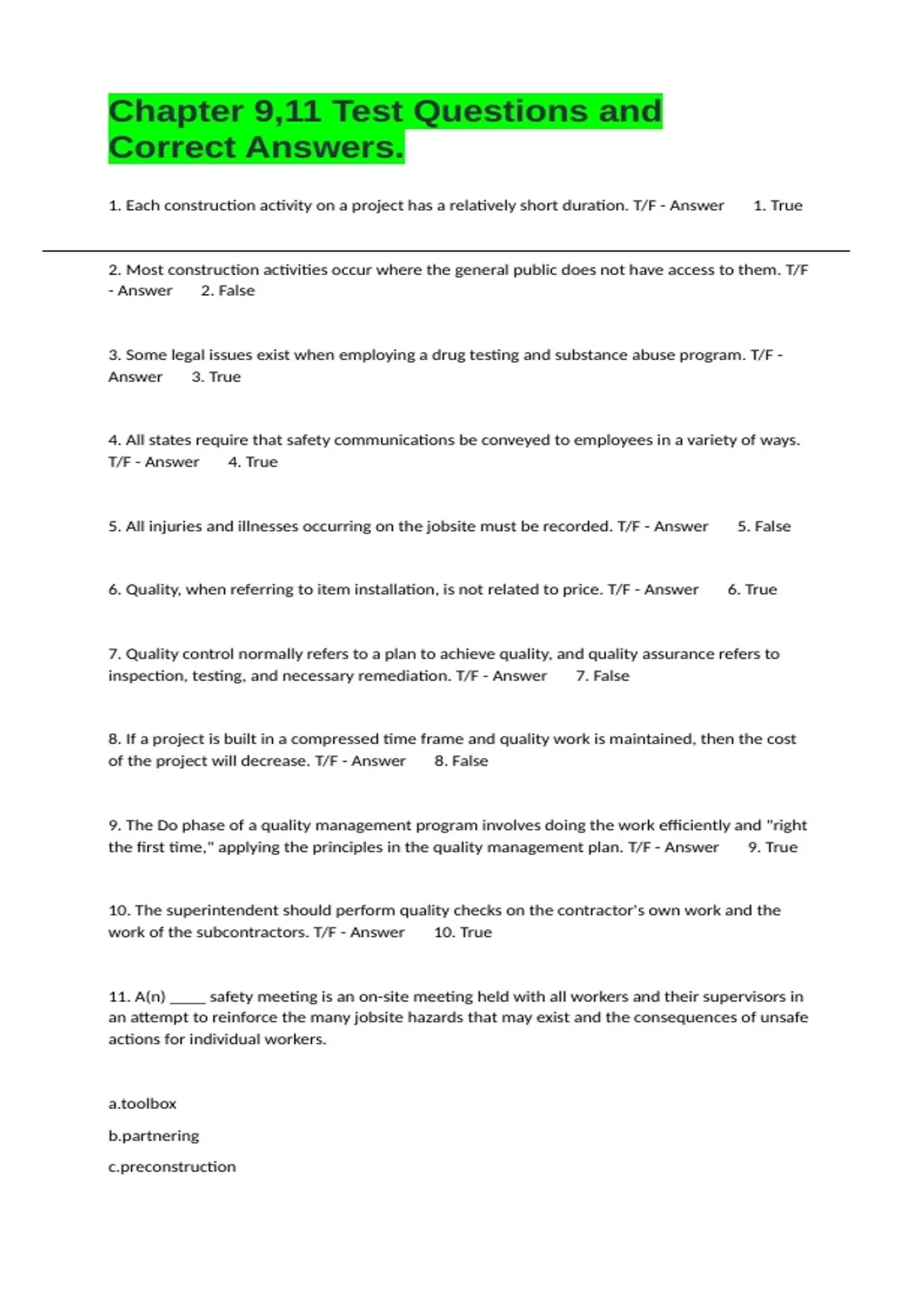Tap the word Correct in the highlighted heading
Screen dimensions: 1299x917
[173, 147]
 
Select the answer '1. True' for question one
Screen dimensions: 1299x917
[777, 206]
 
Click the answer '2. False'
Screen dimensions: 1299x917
[227, 290]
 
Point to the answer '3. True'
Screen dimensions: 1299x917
[215, 377]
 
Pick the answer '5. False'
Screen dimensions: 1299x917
[763, 526]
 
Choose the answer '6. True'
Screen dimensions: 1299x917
[752, 589]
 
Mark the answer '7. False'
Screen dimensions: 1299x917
[602, 675]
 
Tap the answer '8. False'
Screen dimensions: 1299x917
[461, 761]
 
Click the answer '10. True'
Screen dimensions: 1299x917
[462, 932]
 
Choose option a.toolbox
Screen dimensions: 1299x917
[142, 1103]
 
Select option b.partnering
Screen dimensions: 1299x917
[154, 1135]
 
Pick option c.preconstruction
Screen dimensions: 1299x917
[172, 1167]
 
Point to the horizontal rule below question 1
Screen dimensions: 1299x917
[446, 251]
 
